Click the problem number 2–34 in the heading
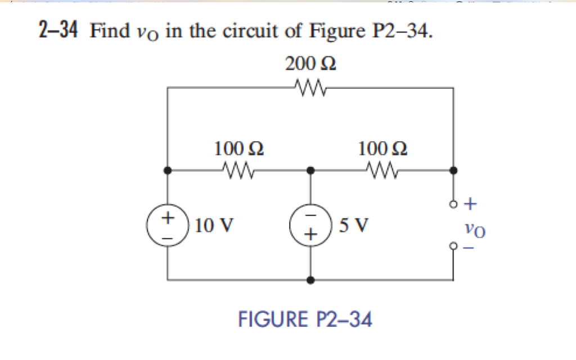pos(57,31)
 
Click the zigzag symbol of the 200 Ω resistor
pos(309,87)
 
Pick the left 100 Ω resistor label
pos(239,148)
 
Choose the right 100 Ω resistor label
pos(383,148)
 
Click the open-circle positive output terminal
pos(453,204)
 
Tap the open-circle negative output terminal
pos(453,246)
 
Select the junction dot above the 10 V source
pos(168,169)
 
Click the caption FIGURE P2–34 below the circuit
pos(305,320)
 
